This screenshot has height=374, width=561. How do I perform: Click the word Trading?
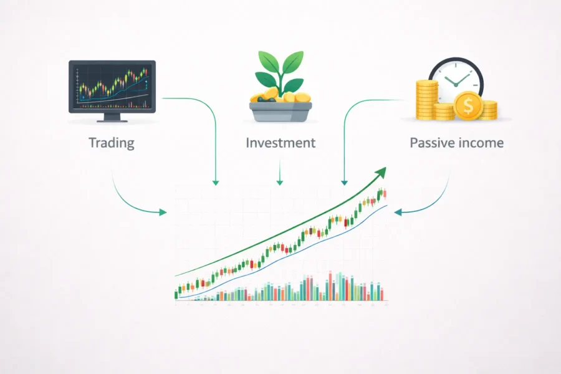coord(112,143)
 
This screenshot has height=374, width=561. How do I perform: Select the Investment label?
coord(280,143)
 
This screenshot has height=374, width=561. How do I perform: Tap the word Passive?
coord(432,143)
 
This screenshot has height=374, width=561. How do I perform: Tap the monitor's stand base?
coord(112,118)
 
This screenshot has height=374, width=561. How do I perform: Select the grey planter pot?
coord(280,113)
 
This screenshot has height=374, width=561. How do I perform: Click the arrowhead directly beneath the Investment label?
coord(280,183)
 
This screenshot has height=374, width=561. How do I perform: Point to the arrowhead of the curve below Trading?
coord(164,213)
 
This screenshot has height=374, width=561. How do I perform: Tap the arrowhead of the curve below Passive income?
coord(397,213)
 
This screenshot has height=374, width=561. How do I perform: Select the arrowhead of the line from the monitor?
coord(216,183)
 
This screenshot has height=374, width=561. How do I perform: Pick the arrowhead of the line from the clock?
coord(343,183)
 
